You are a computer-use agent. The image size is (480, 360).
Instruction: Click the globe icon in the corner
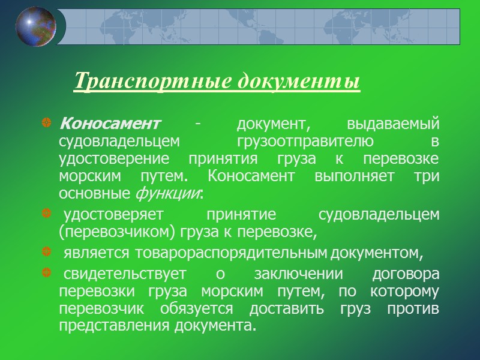click(x=35, y=26)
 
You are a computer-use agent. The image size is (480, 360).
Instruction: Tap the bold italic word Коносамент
click(x=110, y=124)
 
